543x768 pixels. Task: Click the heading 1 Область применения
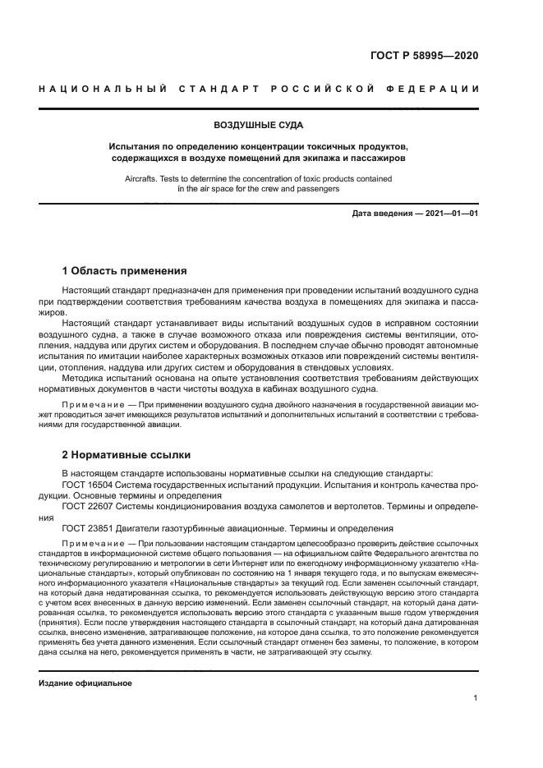(x=125, y=271)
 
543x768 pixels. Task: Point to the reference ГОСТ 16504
(x=91, y=485)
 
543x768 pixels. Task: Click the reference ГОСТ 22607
(x=91, y=507)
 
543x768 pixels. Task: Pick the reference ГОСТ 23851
(x=91, y=528)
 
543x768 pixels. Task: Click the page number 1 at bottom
(x=476, y=698)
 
